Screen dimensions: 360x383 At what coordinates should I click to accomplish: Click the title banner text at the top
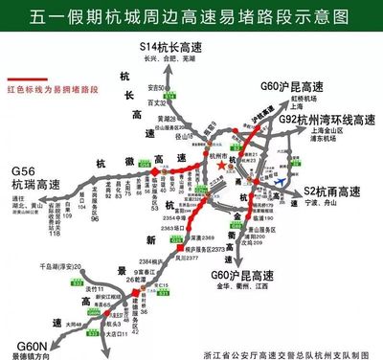[x=191, y=16]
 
